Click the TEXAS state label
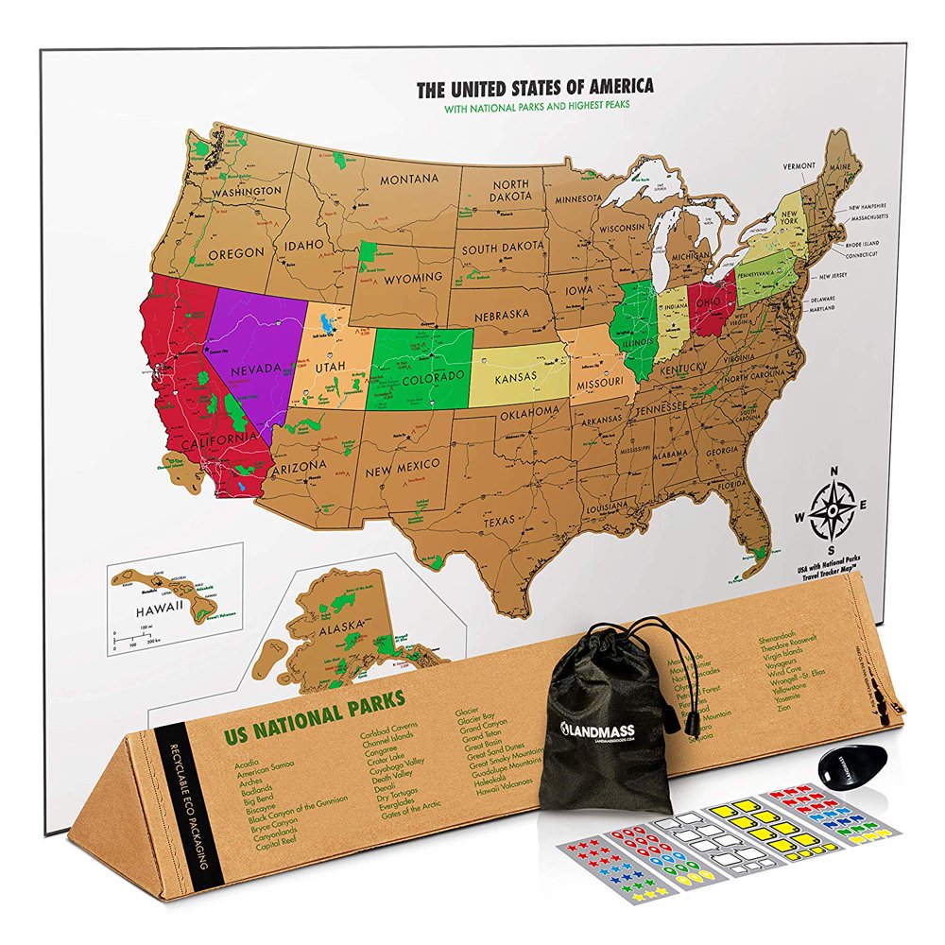tap(501, 521)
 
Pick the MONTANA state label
tap(409, 180)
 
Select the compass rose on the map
tap(832, 511)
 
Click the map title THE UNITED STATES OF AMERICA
tap(535, 88)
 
